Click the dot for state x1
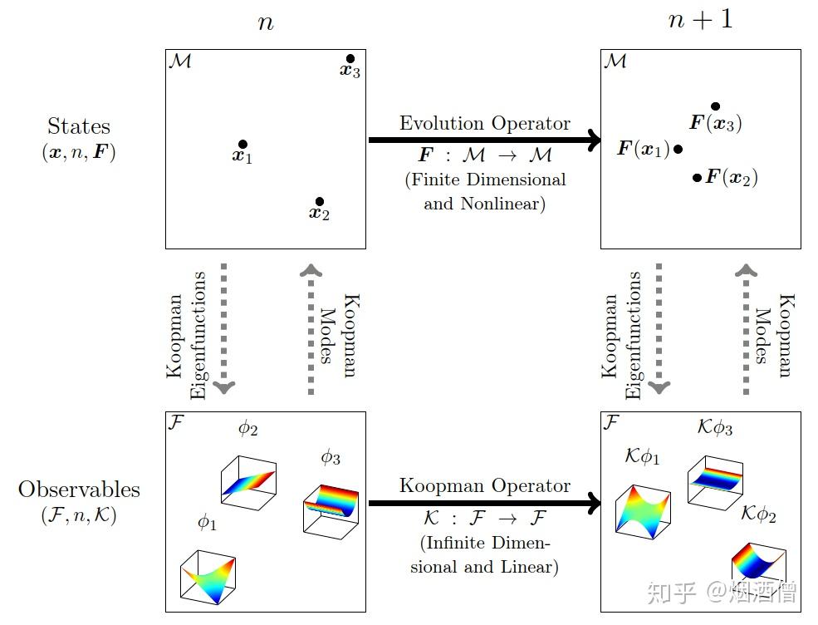point(242,144)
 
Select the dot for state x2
point(320,201)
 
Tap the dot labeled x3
point(350,58)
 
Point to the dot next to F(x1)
point(678,150)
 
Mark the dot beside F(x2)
point(697,178)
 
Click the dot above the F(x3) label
point(716,106)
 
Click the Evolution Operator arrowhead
point(595,140)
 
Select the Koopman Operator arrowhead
point(595,504)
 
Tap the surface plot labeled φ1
point(208,577)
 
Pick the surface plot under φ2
point(249,483)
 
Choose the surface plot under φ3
point(331,512)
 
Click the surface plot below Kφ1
point(644,512)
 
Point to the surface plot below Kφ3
point(715,482)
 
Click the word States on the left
point(79,126)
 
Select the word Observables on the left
point(79,490)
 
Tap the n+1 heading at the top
point(701,20)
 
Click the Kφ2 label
point(758,514)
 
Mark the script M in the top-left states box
point(180,62)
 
